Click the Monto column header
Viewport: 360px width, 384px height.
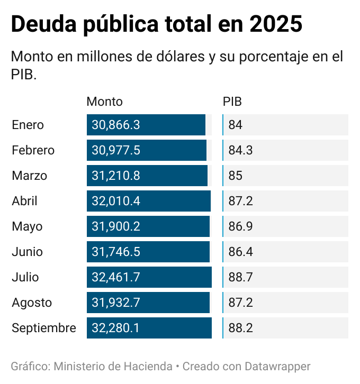point(104,102)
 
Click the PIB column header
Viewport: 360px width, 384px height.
point(232,102)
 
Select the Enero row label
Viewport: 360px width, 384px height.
point(28,125)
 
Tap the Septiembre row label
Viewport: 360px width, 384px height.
point(44,328)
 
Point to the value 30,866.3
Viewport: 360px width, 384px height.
point(116,125)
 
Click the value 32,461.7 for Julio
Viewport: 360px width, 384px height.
point(116,278)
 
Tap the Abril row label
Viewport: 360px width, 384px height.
point(25,202)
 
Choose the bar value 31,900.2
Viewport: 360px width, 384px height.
point(116,227)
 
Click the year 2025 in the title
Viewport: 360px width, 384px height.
point(276,25)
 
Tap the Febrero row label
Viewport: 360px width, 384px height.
point(33,151)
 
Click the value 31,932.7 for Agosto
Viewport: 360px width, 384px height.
point(116,303)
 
